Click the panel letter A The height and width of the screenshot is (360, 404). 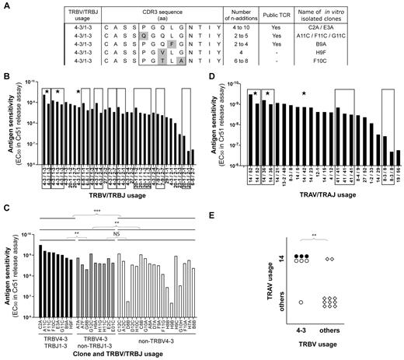click(x=5, y=5)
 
